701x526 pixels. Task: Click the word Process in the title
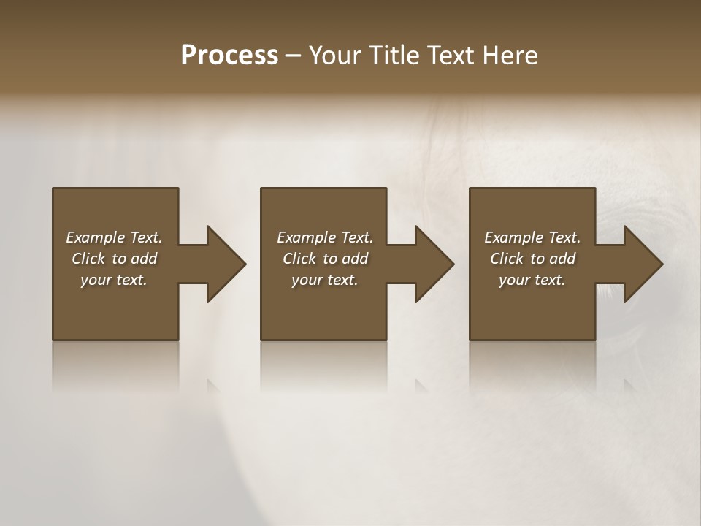[x=229, y=56]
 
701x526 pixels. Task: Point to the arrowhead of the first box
[x=225, y=264]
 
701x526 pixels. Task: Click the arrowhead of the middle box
[x=434, y=264]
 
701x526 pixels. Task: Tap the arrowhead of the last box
[x=643, y=264]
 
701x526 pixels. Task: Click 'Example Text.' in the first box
[x=114, y=237]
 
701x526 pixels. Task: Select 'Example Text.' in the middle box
[x=325, y=237]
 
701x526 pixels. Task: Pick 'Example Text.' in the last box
[x=532, y=237]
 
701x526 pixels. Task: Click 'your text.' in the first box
[x=114, y=280]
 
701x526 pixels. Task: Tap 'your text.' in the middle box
[x=325, y=280]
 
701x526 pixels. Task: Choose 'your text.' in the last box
[x=532, y=280]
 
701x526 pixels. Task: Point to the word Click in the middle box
[x=299, y=259]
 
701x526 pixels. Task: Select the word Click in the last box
[x=507, y=259]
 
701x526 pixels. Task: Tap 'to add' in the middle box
[x=345, y=259]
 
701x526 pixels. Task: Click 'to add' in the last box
[x=553, y=259]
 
